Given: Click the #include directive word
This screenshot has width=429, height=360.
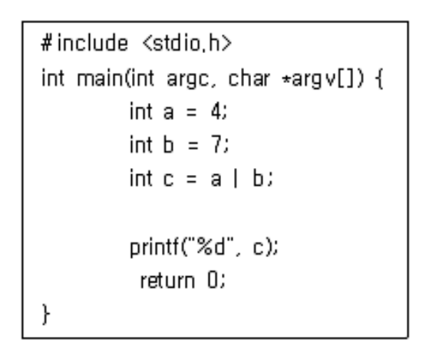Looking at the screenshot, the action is click(x=84, y=44).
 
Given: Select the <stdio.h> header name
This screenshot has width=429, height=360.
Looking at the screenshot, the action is click(x=187, y=44).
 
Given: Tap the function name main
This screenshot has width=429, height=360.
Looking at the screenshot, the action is click(x=100, y=78).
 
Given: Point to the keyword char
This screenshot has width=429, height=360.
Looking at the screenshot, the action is click(x=249, y=78).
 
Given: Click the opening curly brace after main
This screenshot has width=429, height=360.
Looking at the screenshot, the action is click(x=379, y=79).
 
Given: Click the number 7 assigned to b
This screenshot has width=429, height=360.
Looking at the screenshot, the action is click(x=216, y=144).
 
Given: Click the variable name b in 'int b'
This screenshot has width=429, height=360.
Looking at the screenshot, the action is click(x=168, y=144).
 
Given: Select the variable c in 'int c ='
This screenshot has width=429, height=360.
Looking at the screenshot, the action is click(x=168, y=180).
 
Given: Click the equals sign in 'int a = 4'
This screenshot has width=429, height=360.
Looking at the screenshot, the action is click(x=192, y=113).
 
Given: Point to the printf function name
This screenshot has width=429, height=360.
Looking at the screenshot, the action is click(x=154, y=248).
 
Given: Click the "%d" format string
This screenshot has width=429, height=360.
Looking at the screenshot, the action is click(x=210, y=246).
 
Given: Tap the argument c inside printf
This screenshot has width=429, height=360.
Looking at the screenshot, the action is click(x=259, y=248).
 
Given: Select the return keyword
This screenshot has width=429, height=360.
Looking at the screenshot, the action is click(x=167, y=281).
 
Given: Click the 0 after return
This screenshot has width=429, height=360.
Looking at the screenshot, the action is click(x=213, y=280).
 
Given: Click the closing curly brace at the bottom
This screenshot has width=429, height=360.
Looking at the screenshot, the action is click(x=46, y=315).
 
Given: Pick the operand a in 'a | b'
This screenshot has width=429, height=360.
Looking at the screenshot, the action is click(x=216, y=180).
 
